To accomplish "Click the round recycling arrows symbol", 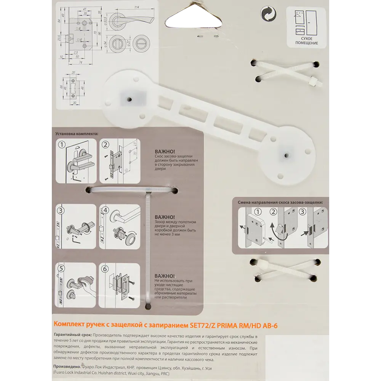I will pos(269,14).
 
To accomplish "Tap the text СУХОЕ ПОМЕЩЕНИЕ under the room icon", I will pos(306,40).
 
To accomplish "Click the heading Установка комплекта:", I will pos(76,134).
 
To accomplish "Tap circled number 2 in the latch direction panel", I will pos(273,212).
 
